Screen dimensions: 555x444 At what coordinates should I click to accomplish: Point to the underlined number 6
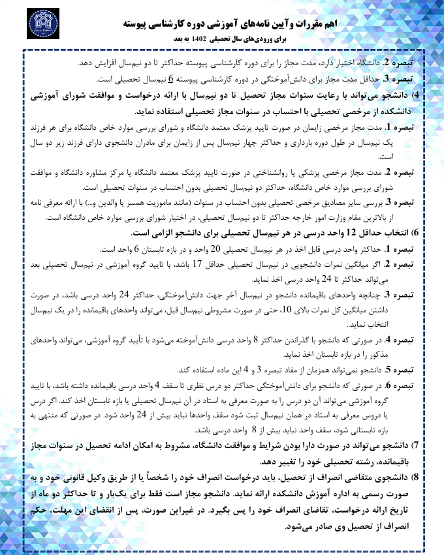(x=170, y=80)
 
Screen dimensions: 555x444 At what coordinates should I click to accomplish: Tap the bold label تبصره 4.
(x=410, y=339)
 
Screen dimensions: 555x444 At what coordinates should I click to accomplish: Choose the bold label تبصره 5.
(x=410, y=367)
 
